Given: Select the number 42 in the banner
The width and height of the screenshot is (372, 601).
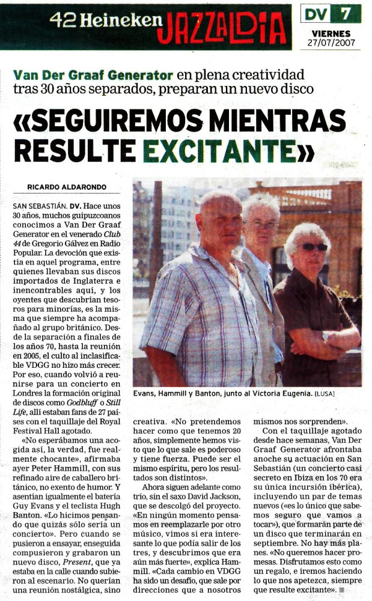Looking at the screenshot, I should coord(61,21).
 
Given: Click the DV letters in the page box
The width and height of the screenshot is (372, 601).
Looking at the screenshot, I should coord(316,13).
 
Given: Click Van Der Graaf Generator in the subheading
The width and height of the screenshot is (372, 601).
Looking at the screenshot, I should coord(93,76).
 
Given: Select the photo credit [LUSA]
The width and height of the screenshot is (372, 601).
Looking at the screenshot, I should coord(325,394).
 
